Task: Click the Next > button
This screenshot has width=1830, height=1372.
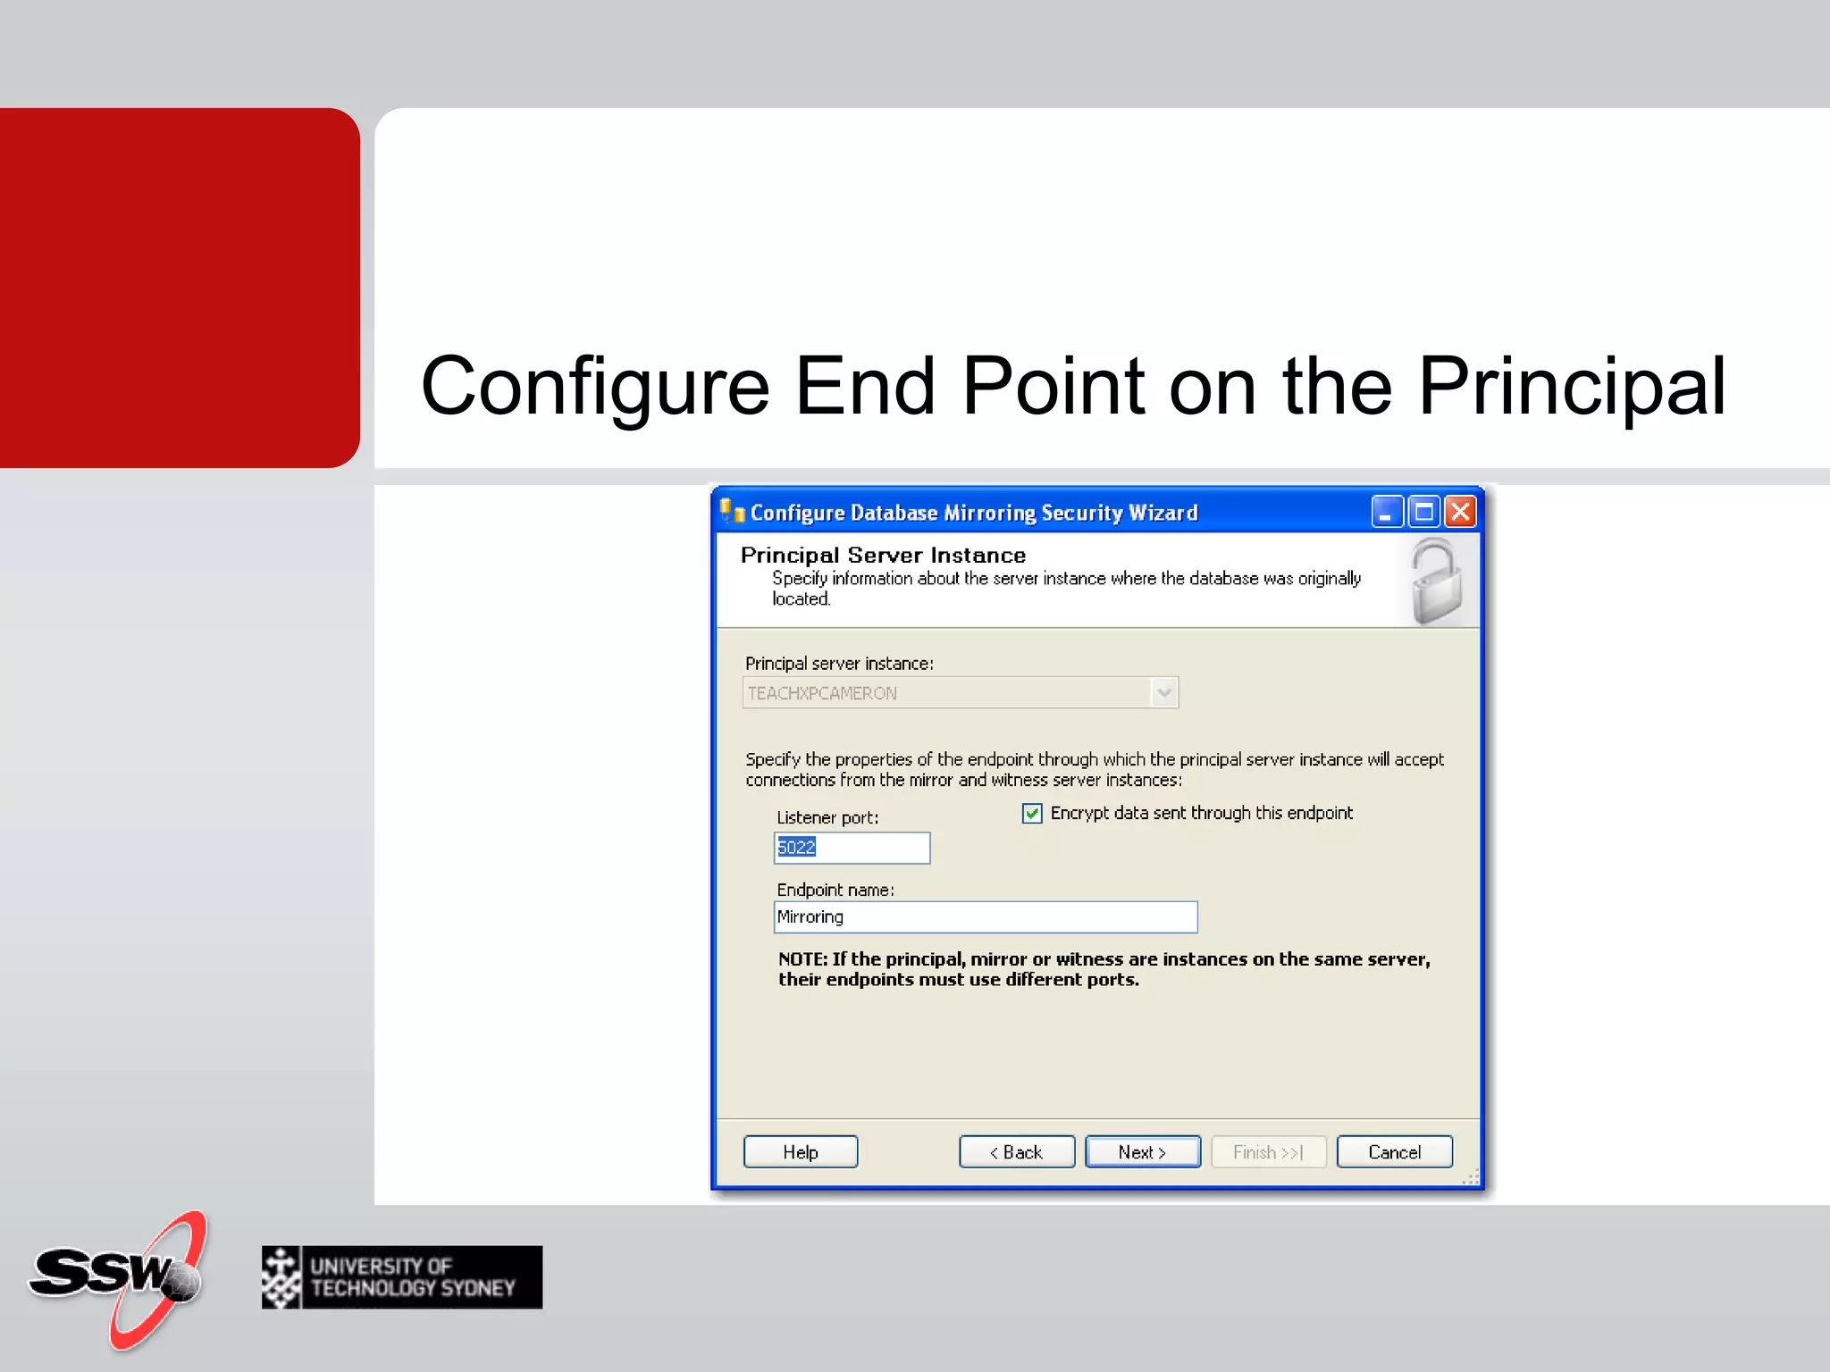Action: tap(1142, 1152)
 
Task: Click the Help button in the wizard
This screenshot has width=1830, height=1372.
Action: tap(800, 1152)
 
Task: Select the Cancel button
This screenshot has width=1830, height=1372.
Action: tap(1394, 1152)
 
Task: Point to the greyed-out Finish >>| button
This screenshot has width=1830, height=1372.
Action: tap(1267, 1152)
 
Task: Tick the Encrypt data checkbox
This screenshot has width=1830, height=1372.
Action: tap(1032, 813)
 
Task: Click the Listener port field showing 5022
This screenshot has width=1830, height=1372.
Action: tap(852, 848)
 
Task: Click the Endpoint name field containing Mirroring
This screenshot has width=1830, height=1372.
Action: tap(985, 917)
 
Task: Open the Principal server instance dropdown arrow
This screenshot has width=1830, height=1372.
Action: tap(1163, 693)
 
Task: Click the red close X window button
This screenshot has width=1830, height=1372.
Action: tap(1460, 512)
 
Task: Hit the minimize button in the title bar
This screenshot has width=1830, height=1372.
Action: tap(1386, 512)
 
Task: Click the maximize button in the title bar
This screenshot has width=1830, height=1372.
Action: tap(1423, 512)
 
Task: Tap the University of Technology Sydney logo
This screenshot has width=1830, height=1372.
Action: tap(402, 1277)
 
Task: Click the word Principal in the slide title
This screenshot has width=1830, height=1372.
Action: tap(1571, 386)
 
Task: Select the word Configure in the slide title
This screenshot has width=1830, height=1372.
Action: tap(594, 386)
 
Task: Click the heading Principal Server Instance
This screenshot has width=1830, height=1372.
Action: tap(883, 555)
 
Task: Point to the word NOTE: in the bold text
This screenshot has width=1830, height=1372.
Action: tap(802, 959)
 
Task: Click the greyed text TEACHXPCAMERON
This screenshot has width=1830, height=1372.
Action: tap(822, 693)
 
